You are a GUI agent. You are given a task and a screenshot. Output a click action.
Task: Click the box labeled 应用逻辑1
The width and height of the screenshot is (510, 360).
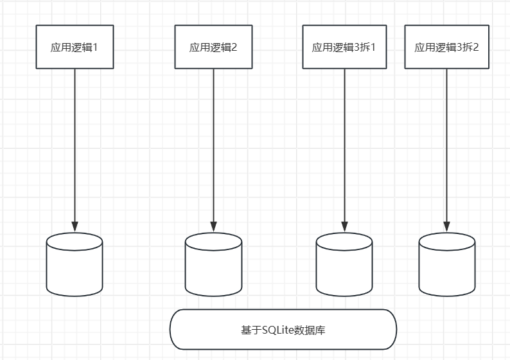tap(75, 47)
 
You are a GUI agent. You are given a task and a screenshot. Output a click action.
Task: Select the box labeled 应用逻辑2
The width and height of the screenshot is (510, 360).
tap(213, 47)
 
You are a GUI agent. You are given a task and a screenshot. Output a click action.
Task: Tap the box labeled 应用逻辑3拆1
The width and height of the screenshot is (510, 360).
tap(344, 47)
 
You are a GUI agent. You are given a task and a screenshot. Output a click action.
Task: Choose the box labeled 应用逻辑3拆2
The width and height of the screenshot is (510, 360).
tap(446, 47)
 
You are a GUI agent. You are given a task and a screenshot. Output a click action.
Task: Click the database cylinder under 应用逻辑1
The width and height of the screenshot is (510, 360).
tap(75, 265)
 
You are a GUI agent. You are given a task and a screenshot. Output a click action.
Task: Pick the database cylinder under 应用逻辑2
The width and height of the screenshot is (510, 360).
tap(213, 265)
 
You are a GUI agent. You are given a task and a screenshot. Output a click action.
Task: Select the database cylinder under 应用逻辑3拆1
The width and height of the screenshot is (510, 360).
tap(344, 265)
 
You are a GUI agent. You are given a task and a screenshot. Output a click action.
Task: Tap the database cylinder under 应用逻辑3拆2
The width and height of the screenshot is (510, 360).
tap(446, 265)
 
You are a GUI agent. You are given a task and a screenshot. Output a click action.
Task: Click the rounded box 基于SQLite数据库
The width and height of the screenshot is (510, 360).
tap(283, 330)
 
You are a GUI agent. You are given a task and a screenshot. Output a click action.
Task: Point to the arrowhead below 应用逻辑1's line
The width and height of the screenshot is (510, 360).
tap(75, 227)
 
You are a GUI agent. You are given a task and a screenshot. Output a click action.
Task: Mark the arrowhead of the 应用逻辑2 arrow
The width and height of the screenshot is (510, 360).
tap(213, 227)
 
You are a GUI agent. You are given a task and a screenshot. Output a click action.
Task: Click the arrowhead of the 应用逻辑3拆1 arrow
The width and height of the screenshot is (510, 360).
tap(344, 227)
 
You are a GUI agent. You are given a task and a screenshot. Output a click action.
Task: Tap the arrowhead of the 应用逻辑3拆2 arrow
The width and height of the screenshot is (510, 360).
tap(446, 227)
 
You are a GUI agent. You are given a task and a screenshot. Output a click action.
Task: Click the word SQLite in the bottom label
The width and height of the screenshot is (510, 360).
tap(276, 330)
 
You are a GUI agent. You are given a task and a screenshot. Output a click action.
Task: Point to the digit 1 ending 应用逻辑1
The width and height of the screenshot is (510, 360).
tap(96, 47)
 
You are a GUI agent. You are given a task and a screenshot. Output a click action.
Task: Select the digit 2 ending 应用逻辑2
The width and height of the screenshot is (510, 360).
tap(234, 47)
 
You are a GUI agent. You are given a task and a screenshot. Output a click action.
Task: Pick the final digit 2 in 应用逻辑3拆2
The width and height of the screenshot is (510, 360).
tap(477, 47)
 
